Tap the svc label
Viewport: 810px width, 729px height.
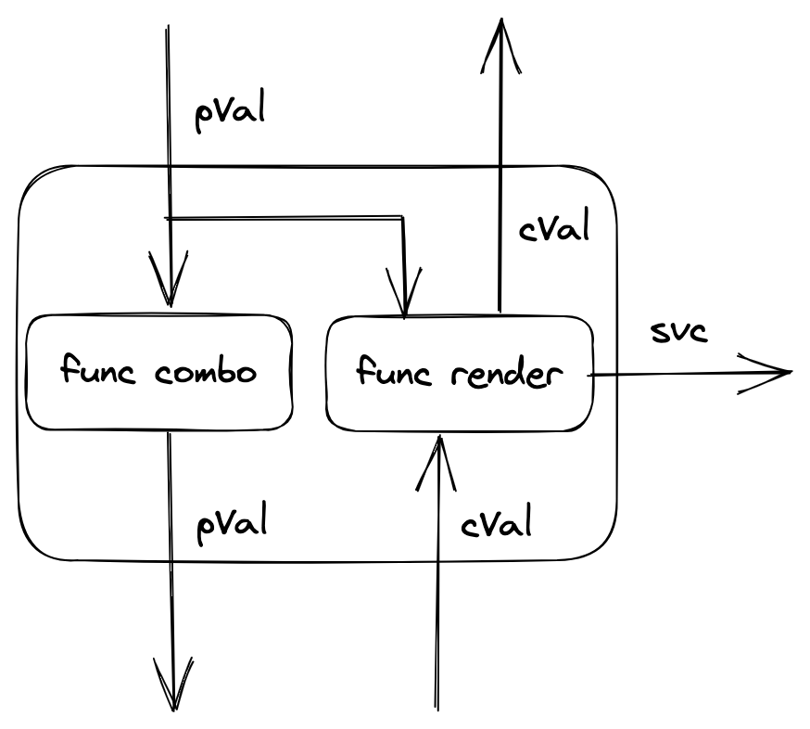point(678,332)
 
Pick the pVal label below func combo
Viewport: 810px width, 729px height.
point(232,523)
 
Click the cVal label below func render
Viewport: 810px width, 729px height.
point(496,525)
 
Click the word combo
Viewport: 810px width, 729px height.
point(205,373)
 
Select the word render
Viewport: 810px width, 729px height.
point(510,375)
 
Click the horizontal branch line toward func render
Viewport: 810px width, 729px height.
point(287,219)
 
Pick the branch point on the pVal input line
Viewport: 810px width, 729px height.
point(168,218)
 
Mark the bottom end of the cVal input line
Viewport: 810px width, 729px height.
point(437,707)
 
